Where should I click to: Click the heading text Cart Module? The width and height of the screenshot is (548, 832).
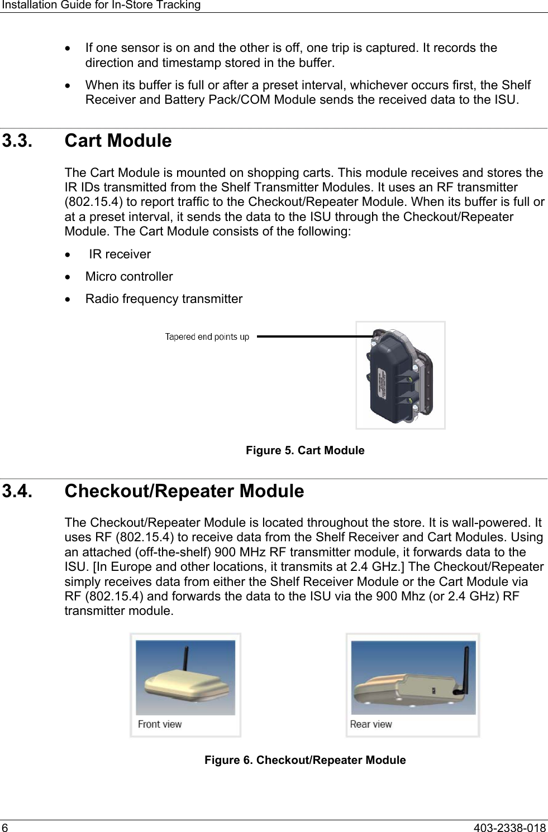point(118,141)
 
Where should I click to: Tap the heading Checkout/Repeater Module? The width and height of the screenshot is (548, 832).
point(184,491)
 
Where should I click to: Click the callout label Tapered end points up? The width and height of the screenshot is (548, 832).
point(207,337)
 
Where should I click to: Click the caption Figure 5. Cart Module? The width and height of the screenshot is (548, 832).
point(305,450)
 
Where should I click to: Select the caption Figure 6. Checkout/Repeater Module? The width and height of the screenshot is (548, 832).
point(305,760)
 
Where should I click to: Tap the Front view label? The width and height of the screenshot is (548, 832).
point(160,724)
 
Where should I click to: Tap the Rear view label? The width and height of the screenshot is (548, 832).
point(371,724)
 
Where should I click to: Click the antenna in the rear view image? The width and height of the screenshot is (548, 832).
point(465,667)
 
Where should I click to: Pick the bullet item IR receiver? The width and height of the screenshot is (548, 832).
point(120,254)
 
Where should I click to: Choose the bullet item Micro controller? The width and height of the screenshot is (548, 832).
point(129,277)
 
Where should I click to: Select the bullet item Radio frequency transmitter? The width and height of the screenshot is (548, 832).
point(164,299)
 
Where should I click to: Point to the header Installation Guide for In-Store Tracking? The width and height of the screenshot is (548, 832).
point(101,5)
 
